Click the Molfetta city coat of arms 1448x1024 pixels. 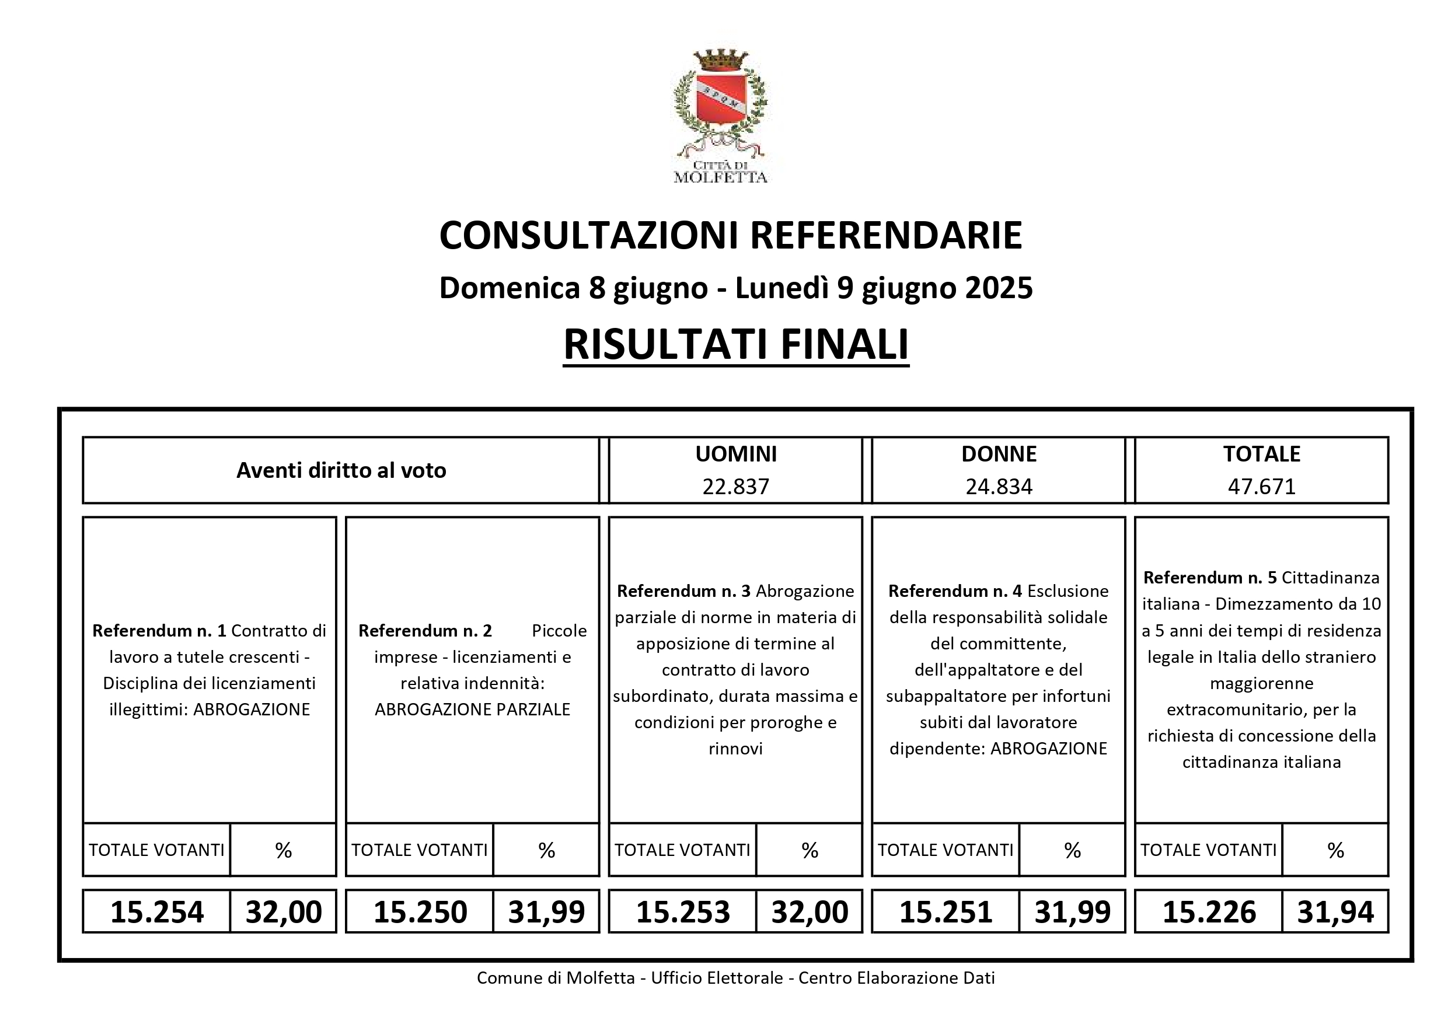[x=720, y=101]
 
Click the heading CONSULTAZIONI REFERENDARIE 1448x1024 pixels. [x=730, y=236]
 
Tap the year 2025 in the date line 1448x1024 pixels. [x=999, y=288]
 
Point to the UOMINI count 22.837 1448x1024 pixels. [x=735, y=487]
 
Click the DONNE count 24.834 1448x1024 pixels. [x=999, y=487]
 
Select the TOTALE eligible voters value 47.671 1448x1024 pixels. [x=1261, y=487]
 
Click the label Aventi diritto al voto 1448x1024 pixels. [x=341, y=470]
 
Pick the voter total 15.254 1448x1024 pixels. [x=157, y=913]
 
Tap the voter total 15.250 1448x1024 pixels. [x=420, y=913]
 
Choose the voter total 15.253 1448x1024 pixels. [x=683, y=913]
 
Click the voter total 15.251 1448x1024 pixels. [x=946, y=913]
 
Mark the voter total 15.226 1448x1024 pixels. [x=1209, y=913]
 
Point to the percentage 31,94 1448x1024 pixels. [x=1335, y=913]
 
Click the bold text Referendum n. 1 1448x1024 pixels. [x=159, y=631]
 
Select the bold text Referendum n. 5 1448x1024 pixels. [x=1210, y=578]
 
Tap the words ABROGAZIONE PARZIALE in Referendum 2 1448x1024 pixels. [x=472, y=710]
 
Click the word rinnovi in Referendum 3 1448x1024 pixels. [x=735, y=749]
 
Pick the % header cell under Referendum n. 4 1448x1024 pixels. [x=1072, y=851]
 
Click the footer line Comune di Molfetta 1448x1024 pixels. [x=735, y=978]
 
